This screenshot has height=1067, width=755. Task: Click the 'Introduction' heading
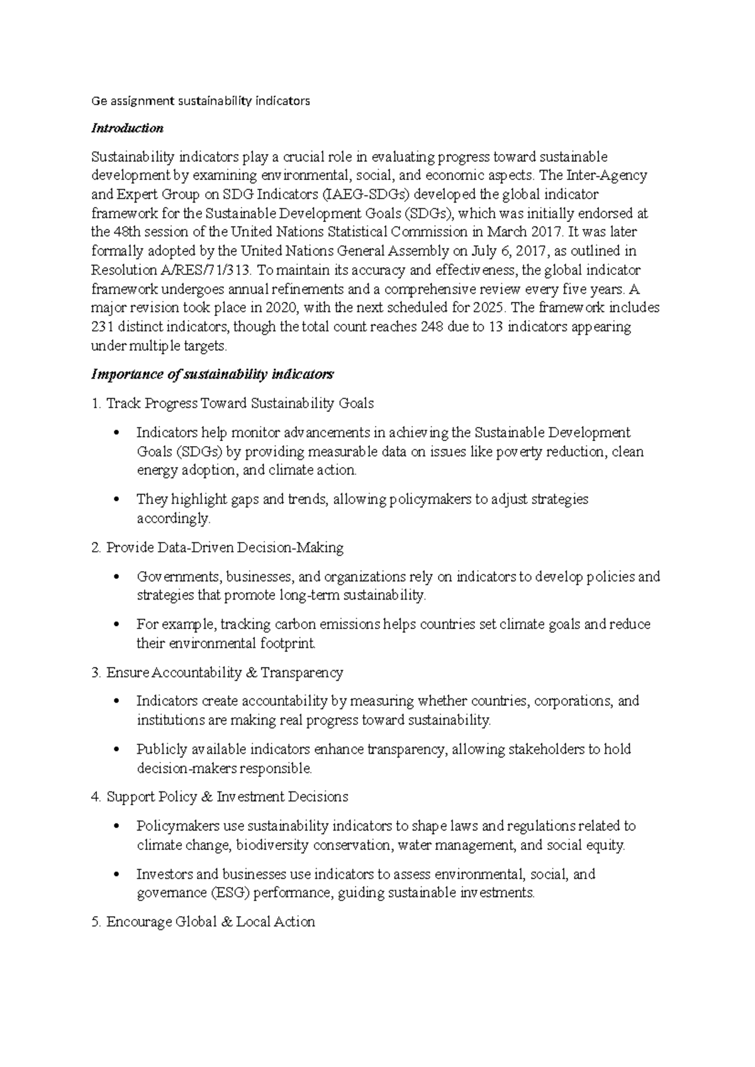(x=127, y=128)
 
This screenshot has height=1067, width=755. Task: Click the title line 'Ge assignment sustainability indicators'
(x=201, y=101)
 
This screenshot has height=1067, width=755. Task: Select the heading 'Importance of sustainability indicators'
(x=212, y=375)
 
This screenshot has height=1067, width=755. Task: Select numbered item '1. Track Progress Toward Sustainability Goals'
(x=233, y=403)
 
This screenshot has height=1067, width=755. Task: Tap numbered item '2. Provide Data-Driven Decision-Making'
(x=218, y=548)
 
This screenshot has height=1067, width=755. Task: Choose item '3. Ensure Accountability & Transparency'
(x=217, y=673)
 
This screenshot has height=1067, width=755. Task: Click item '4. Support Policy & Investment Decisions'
(x=220, y=797)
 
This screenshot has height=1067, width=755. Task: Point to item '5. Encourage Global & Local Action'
(x=203, y=922)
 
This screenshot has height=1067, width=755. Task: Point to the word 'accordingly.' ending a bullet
(x=174, y=519)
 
